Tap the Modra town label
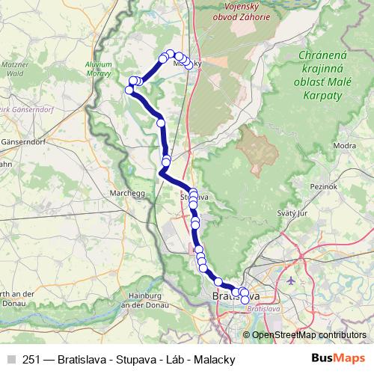tap(343, 146)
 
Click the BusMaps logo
tap(338, 358)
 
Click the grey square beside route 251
tap(10, 359)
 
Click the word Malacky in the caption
tap(215, 359)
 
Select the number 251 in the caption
tap(32, 359)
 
